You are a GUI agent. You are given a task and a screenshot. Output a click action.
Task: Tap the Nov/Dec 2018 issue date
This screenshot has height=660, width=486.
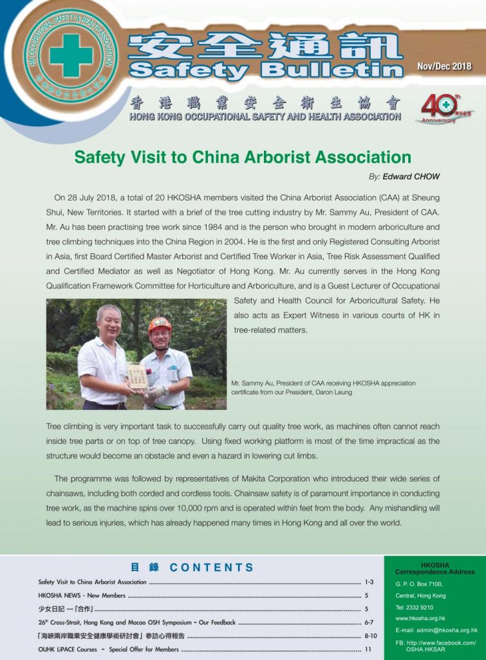pos(444,66)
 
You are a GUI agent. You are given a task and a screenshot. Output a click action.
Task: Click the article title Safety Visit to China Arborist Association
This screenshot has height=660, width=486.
pos(243,157)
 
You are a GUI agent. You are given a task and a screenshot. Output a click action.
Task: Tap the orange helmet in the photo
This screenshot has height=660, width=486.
pos(159,324)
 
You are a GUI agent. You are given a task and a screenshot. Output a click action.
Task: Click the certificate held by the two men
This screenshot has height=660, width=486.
pos(136,376)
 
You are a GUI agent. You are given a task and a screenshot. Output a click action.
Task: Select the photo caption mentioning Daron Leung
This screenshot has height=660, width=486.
pos(323,387)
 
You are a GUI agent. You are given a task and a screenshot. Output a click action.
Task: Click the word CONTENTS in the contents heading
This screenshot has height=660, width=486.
pos(212,568)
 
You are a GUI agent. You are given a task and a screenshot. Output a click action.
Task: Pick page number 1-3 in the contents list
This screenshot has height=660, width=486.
pos(369,582)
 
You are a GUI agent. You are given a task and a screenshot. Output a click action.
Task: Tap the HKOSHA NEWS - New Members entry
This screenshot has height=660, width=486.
pos(82,596)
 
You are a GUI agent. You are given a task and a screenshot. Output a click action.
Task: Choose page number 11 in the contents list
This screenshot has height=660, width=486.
pos(368,650)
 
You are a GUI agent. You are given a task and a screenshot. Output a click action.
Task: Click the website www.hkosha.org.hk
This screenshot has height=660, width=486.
pos(420,619)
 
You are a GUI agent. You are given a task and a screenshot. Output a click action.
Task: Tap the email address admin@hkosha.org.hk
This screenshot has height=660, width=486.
pos(436,630)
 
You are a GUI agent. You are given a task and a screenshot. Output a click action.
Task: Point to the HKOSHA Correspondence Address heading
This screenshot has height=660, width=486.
pos(435,568)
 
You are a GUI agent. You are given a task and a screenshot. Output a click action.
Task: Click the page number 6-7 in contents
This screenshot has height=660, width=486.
pos(369,623)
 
